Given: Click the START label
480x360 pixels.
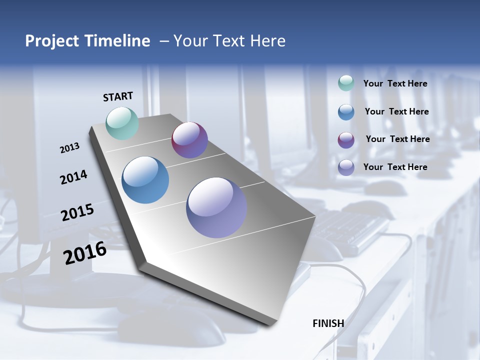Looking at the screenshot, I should [x=118, y=96].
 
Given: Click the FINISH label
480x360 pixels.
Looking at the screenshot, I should [x=328, y=323].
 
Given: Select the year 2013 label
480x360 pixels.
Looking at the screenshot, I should [x=69, y=148].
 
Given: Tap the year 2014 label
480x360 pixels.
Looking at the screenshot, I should [x=73, y=177].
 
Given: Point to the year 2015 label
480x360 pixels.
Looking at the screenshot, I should [x=77, y=212].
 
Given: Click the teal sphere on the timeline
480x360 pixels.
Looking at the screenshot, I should [x=122, y=123].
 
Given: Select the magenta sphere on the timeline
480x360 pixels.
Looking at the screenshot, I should [x=189, y=140].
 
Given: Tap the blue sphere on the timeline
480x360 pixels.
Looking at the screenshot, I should [x=145, y=180].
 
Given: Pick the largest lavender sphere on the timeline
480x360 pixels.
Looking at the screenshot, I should [x=216, y=207].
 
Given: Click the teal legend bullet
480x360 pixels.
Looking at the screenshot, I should [x=346, y=83].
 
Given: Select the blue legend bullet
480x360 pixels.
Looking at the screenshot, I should [x=346, y=112].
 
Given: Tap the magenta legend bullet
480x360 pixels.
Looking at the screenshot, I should [x=346, y=140].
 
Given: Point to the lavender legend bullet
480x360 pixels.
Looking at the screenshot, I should [x=346, y=167].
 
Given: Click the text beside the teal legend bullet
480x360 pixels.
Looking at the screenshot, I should [x=395, y=84].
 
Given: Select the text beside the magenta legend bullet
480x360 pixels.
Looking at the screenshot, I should [x=397, y=139].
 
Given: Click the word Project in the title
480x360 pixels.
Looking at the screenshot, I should [x=51, y=41].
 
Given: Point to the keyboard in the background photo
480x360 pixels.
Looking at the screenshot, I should [x=350, y=230].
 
